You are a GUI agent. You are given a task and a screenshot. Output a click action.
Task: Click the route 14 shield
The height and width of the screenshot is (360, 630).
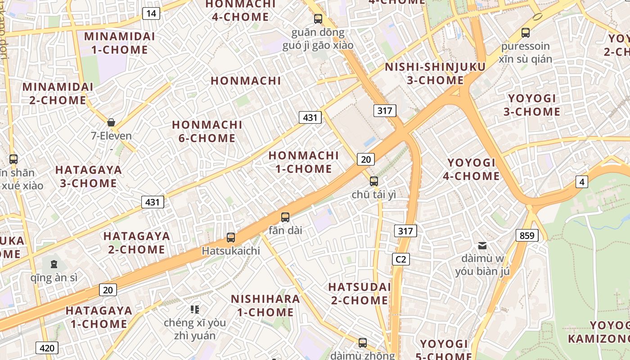pyautogui.click(x=151, y=13)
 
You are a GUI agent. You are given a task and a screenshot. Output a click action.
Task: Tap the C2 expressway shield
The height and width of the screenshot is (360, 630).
pyautogui.click(x=400, y=259)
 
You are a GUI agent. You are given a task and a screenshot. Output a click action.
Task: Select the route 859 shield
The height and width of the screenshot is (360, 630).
pyautogui.click(x=527, y=235)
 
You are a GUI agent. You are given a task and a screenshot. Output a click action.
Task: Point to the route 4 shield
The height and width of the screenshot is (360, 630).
pyautogui.click(x=582, y=182)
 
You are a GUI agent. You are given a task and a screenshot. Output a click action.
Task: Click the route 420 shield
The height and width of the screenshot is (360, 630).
pyautogui.click(x=47, y=348)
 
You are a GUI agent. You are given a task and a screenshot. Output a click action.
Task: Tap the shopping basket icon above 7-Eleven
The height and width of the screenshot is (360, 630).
pyautogui.click(x=111, y=122)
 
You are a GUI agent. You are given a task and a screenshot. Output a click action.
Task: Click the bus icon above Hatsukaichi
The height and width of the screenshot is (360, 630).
pyautogui.click(x=231, y=237)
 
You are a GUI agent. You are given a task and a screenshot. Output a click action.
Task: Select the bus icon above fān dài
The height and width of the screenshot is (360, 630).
pyautogui.click(x=285, y=217)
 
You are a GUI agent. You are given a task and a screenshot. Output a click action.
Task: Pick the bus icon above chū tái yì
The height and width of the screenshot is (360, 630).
pyautogui.click(x=373, y=181)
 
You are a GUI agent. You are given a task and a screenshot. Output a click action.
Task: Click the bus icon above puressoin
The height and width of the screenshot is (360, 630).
pyautogui.click(x=525, y=32)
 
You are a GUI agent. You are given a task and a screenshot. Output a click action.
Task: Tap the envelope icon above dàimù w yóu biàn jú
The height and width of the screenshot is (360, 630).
pyautogui.click(x=482, y=245)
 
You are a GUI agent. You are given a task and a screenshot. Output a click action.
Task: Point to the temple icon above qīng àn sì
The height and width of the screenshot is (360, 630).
pyautogui.click(x=54, y=264)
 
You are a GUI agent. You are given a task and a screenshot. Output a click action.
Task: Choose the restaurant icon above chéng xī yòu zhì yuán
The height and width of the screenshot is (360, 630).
pyautogui.click(x=195, y=309)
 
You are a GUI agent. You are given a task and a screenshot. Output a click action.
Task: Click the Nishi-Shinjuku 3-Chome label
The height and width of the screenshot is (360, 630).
pyautogui.click(x=435, y=74)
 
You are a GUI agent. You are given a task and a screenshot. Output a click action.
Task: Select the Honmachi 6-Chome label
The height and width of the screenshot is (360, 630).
pyautogui.click(x=207, y=131)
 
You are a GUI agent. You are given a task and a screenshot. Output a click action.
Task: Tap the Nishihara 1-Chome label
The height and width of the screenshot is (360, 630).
pyautogui.click(x=265, y=306)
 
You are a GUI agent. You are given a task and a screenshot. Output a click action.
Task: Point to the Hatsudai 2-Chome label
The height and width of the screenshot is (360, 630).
pyautogui.click(x=360, y=293)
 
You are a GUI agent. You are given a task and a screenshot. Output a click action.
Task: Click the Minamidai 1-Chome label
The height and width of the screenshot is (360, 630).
pyautogui.click(x=120, y=43)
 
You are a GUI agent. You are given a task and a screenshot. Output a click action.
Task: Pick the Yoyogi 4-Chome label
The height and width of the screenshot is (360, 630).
pyautogui.click(x=471, y=169)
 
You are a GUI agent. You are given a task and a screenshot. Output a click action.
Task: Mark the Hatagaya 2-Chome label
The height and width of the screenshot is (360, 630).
pyautogui.click(x=137, y=243)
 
